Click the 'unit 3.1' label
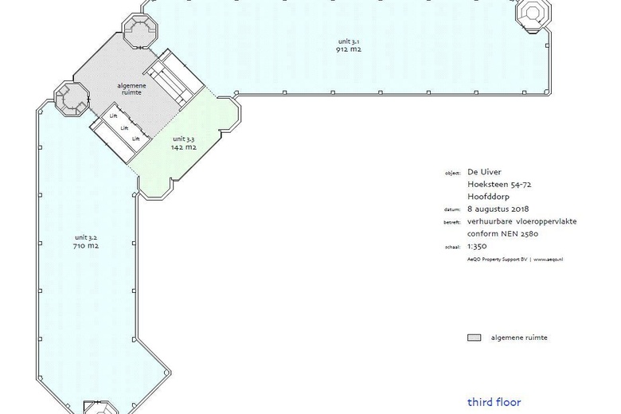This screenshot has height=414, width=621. coord(349,41)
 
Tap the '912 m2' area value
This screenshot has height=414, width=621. coord(349,49)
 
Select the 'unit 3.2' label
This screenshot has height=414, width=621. coord(86,238)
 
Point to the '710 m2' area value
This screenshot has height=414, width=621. coord(86,246)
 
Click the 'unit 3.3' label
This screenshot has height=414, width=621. coord(184,139)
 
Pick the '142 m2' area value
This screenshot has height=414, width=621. coord(184,147)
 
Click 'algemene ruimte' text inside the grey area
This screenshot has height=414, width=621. coord(132,89)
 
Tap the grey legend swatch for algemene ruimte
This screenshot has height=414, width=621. coord(474,338)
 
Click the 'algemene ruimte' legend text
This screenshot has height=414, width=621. coord(519,338)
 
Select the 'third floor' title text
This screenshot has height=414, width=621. coord(494,402)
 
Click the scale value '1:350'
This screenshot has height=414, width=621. coord(477,246)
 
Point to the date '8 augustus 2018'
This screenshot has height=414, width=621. coord(498,209)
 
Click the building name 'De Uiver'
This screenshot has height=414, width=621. coord(484,172)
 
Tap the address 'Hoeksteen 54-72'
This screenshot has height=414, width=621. coord(499,184)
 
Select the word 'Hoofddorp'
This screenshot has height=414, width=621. coord(488,197)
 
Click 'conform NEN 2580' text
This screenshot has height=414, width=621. coord(502,234)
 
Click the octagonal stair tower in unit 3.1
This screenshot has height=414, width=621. coord(533,15)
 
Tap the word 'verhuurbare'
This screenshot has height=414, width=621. coord(490,221)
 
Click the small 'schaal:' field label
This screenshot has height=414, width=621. coord(453,247)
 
